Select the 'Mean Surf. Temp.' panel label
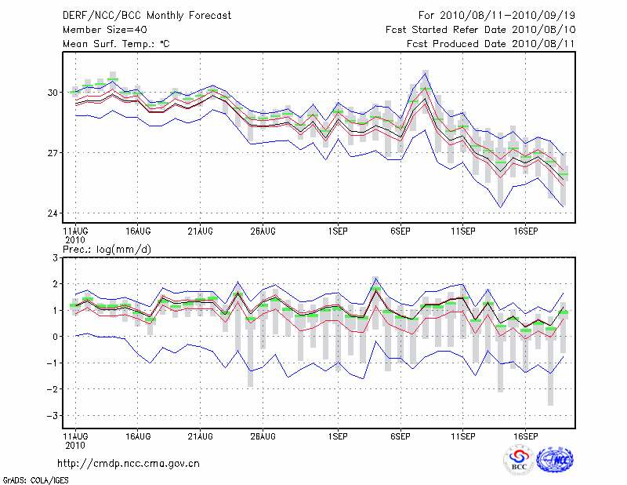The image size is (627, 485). coord(116,44)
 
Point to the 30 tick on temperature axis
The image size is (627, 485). coord(53,93)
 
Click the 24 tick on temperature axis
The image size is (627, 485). coord(53,213)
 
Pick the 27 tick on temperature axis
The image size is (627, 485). coord(53,152)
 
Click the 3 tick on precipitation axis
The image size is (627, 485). coord(55,257)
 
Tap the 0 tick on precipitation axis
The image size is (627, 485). coord(55,337)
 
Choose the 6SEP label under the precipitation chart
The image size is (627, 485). coord(400,436)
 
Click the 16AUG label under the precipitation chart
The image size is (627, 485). coord(136,436)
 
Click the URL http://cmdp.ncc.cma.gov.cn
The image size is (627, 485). coord(129,463)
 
